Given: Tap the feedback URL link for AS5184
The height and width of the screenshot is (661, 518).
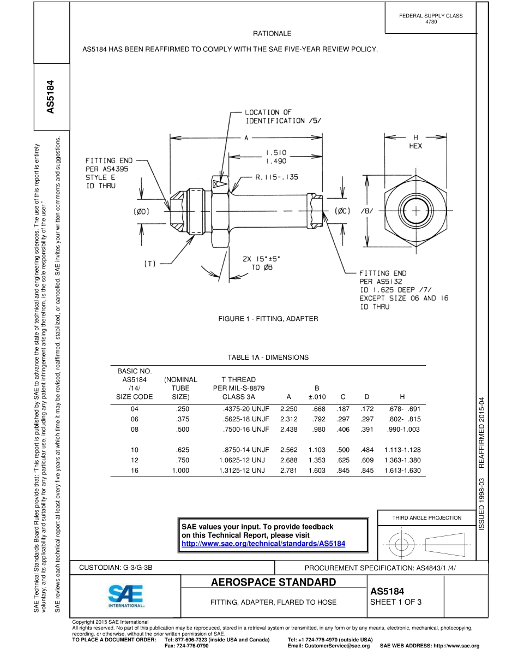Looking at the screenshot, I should pos(263,544).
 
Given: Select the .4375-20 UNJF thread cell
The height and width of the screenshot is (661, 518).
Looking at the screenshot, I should pos(246,408).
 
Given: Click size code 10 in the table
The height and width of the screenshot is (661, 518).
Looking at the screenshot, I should pos(135,450).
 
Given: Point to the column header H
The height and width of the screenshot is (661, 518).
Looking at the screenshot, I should pos(402,397).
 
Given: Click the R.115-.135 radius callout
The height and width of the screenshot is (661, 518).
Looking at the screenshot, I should pos(276,177).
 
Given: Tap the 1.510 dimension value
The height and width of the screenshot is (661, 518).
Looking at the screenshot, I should pos(276,153).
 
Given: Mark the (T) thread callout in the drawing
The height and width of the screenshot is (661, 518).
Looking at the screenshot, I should pos(150,264).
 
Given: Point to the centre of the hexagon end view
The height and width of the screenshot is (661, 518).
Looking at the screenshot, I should pos(415,210).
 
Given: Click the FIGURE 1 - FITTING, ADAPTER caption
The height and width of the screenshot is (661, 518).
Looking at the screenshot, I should pos(268,318).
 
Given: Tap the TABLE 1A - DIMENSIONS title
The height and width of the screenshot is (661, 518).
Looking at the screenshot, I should pos(268,358).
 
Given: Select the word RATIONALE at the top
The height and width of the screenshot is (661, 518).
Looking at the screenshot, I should pos(272,34).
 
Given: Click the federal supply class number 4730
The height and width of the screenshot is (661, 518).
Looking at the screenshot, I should pos(431,22).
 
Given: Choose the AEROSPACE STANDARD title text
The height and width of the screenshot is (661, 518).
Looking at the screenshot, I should pos(273,582).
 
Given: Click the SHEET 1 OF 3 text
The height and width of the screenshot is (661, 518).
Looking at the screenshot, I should pos(396,602).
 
